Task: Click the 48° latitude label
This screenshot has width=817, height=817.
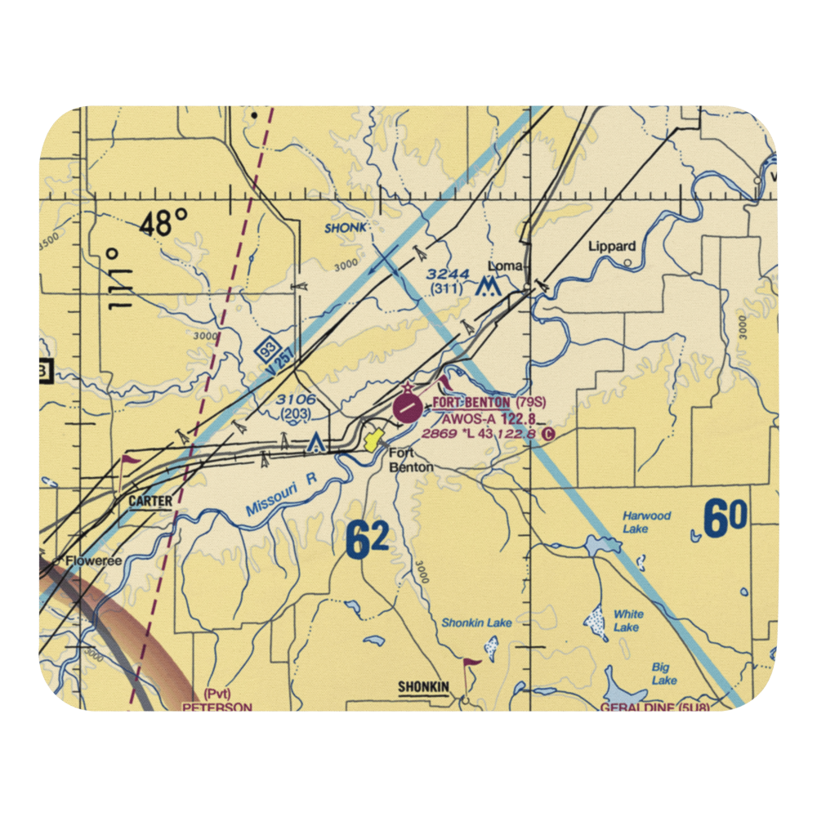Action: pos(163,221)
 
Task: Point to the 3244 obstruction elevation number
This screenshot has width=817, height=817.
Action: pos(448,275)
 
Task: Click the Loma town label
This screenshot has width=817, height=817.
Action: pos(505,266)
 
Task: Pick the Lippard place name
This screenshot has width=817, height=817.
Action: pos(612,246)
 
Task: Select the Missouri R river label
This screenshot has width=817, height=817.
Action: pos(281,498)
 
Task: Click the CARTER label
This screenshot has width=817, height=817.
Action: pos(150,501)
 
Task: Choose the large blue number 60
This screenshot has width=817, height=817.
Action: pos(725,520)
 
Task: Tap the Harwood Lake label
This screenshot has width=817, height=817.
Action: pos(646,522)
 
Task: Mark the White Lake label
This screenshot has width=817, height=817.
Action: pos(627,620)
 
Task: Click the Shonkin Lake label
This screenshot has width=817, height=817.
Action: pos(476,623)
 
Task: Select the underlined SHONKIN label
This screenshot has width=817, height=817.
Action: pos(423,687)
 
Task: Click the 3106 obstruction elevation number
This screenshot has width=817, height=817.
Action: pos(294,399)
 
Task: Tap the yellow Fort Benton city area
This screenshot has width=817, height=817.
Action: pos(374,442)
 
